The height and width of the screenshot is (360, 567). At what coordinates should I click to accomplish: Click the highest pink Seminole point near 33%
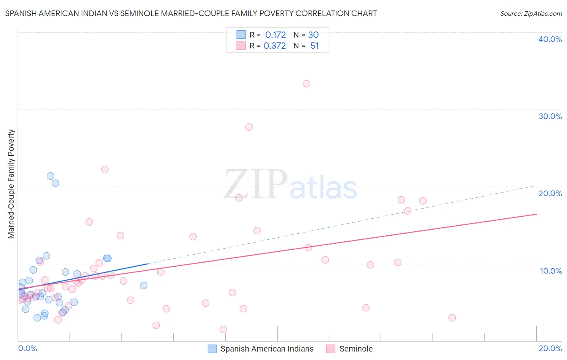306,84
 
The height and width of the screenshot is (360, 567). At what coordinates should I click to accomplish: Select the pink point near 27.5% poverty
249,127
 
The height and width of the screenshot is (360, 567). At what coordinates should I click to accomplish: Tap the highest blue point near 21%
50,176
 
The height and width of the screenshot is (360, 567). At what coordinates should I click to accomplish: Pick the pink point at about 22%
105,170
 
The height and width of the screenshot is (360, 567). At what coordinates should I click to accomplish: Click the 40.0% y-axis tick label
550,39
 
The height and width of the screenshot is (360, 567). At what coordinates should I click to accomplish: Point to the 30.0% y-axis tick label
550,116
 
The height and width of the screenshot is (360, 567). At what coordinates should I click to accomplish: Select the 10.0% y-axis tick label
551,271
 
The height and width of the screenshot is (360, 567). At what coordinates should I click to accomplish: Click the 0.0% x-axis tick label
27,348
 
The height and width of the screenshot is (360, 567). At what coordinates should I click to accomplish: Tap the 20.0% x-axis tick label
550,348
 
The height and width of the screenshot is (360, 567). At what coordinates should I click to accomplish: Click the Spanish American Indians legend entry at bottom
267,349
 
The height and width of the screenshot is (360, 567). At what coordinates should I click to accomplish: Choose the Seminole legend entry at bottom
356,349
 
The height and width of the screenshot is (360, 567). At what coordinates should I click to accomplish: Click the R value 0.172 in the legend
275,35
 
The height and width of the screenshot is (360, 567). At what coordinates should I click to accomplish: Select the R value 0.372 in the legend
275,46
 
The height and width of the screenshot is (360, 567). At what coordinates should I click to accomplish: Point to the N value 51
315,46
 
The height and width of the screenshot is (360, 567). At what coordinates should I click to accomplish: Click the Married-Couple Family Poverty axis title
11,184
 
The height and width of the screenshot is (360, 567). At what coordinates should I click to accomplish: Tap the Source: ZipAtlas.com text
531,14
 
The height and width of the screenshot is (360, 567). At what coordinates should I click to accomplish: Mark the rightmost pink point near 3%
452,318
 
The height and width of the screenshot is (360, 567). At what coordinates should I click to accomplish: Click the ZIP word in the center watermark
255,184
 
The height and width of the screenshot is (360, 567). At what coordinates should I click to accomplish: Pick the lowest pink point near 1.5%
223,329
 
